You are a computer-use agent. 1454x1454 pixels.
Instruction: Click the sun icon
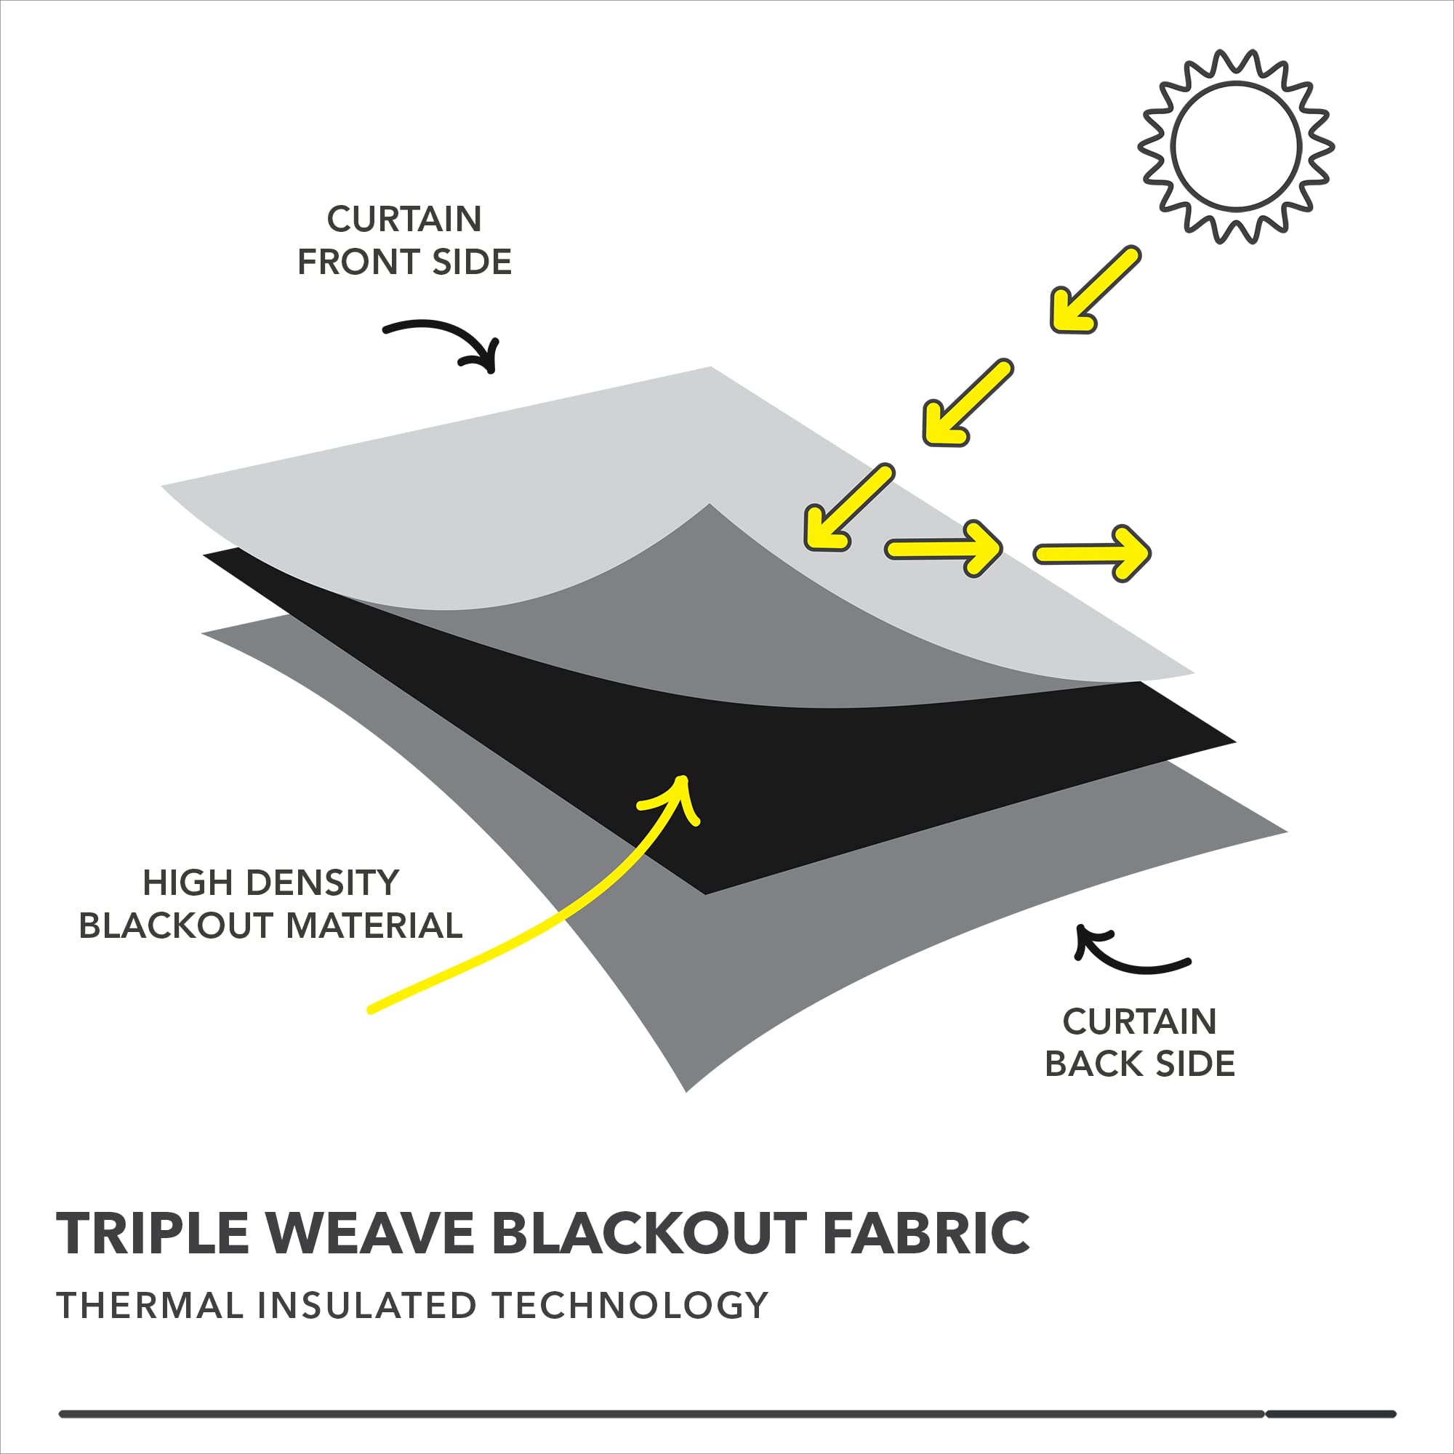(x=1236, y=146)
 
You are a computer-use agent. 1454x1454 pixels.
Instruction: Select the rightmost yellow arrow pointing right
(x=1092, y=553)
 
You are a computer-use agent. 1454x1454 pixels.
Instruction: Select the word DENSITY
(x=324, y=883)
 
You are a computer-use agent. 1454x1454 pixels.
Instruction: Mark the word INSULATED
(x=367, y=1305)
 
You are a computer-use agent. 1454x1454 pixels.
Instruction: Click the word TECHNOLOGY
(x=630, y=1305)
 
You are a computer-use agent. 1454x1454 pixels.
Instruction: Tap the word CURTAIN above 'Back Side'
(x=1139, y=1021)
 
